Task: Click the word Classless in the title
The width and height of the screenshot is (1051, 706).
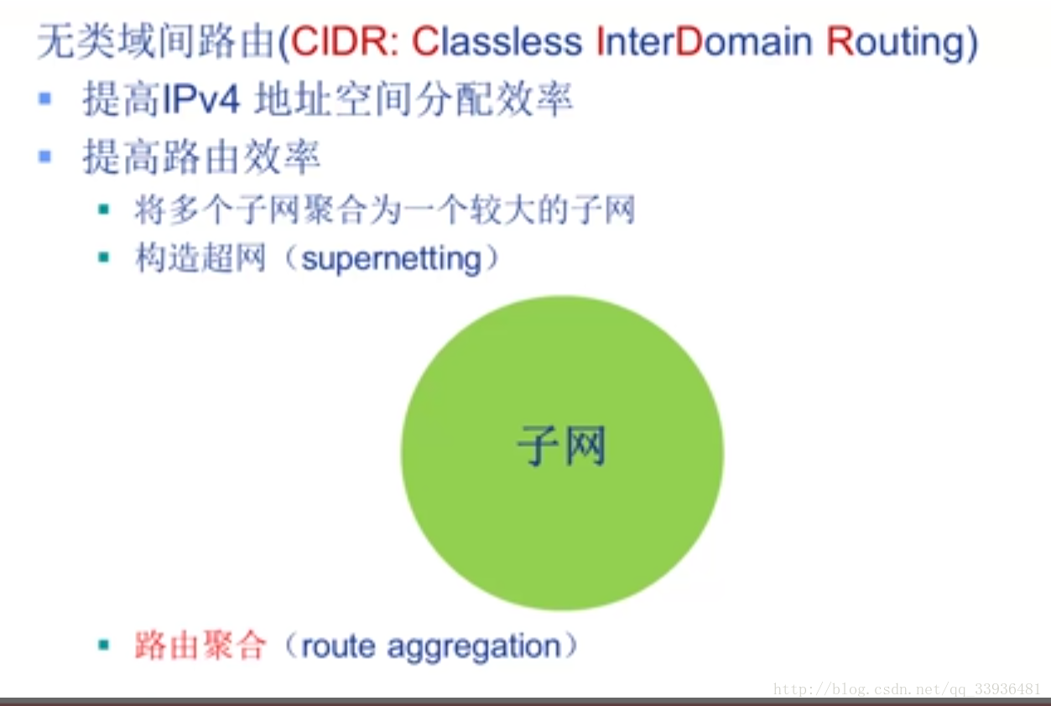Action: (497, 41)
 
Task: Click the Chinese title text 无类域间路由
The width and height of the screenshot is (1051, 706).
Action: (156, 42)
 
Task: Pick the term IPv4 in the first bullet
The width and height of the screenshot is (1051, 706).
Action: (200, 100)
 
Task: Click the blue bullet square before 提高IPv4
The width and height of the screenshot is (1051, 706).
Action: (45, 98)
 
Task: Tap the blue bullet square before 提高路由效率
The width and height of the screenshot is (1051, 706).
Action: (45, 156)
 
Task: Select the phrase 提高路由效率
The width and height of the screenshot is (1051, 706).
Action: (201, 157)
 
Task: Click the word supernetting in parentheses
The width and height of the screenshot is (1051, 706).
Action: (392, 259)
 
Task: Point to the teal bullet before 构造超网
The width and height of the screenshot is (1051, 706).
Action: (104, 257)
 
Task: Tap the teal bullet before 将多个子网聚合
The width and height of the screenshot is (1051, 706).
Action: (104, 209)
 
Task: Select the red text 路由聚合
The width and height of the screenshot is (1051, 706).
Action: (200, 646)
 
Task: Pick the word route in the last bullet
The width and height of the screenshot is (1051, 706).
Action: (338, 646)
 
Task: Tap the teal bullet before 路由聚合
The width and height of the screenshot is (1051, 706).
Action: (104, 645)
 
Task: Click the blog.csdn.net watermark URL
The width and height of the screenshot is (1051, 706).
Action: (908, 689)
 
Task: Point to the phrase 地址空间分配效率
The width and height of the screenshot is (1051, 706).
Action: (413, 100)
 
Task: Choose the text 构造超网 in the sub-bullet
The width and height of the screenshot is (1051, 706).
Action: (200, 257)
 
